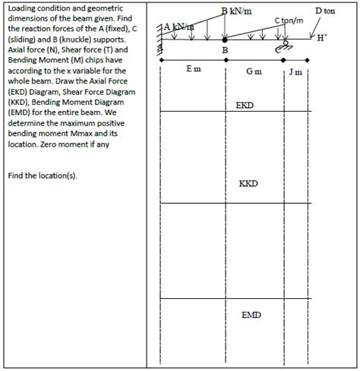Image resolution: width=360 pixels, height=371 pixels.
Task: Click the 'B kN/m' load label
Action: pos(236,9)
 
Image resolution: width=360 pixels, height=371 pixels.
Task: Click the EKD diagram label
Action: pos(245,104)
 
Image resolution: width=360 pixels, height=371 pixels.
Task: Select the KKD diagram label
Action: pos(248,184)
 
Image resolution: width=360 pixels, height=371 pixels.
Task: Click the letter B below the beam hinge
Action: pos(225,50)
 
